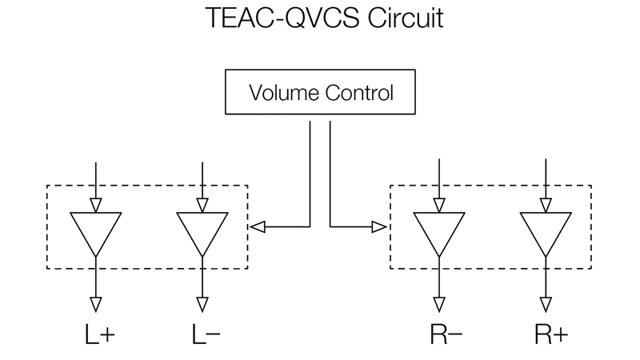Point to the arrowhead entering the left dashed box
click(256, 227)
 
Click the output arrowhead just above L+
click(95, 304)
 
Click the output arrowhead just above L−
click(202, 304)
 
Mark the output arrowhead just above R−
click(438, 304)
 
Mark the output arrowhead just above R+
click(546, 304)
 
